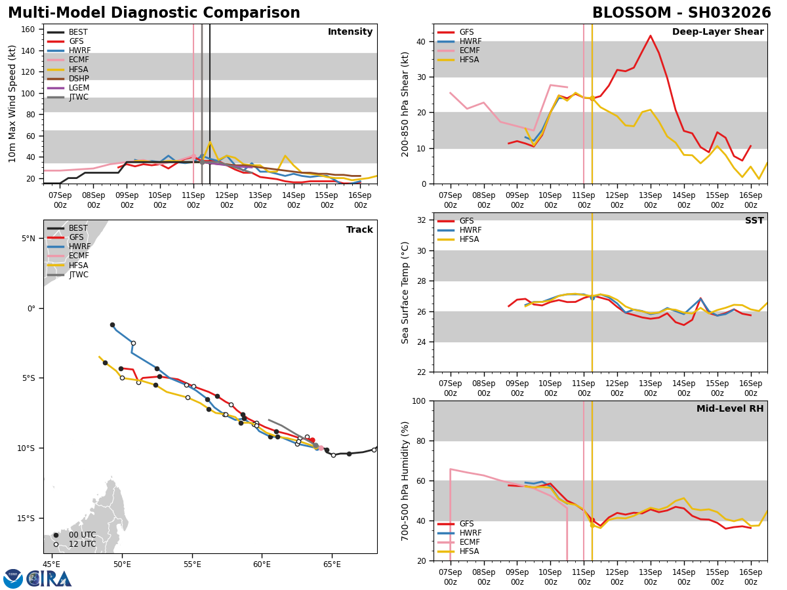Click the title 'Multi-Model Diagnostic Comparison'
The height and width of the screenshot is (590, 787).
pyautogui.click(x=154, y=13)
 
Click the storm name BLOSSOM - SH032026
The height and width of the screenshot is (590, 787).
pyautogui.click(x=681, y=13)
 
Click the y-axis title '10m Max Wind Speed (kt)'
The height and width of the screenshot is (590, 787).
pyautogui.click(x=12, y=104)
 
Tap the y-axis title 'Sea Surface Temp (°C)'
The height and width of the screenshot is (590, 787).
pyautogui.click(x=405, y=292)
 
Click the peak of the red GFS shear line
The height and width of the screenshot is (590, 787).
pyautogui.click(x=650, y=36)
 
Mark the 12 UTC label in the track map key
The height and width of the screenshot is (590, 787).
pyautogui.click(x=82, y=544)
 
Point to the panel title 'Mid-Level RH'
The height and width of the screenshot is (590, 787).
pyautogui.click(x=730, y=409)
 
